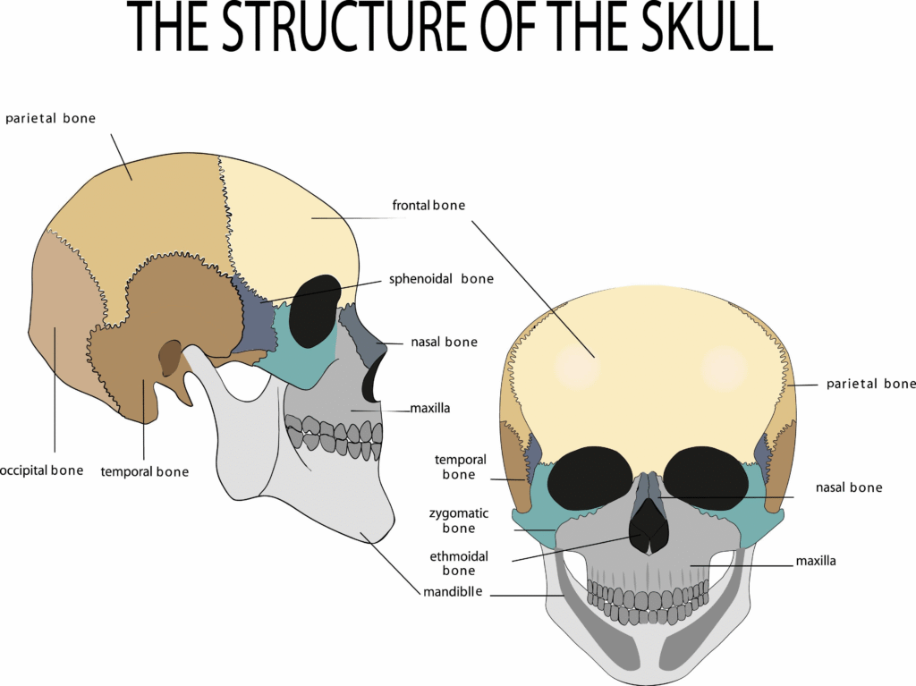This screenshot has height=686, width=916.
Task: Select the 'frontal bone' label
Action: coord(428,205)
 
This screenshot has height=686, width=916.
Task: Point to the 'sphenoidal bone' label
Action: coord(441,279)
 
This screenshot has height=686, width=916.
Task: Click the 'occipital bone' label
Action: coord(41,471)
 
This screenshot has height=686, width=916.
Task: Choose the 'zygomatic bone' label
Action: coord(459,521)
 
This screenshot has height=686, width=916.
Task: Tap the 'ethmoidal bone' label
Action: coord(459,563)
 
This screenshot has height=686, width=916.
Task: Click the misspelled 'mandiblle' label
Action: coord(453,591)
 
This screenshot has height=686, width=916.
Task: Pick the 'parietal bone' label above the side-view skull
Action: coord(50,119)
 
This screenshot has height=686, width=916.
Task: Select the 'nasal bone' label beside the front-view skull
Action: coord(849,487)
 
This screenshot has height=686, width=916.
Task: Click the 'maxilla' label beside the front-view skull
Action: coord(816,561)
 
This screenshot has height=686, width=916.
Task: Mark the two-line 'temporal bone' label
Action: coord(460,467)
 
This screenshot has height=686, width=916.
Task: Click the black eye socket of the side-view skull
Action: coord(314,311)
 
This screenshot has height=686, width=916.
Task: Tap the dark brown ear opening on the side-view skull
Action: coord(170,358)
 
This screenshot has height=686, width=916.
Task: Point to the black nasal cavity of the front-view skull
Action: coord(648,527)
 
